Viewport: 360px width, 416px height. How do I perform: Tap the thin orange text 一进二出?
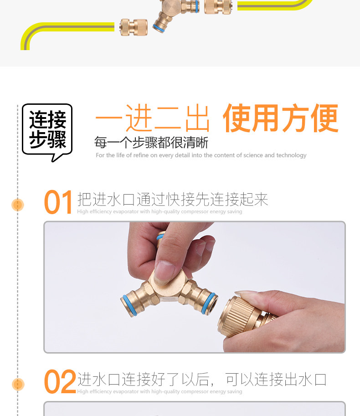152,118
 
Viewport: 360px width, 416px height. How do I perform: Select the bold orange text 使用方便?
281,118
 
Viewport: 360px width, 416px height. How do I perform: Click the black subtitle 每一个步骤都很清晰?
151,143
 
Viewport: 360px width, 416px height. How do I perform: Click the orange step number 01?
58,202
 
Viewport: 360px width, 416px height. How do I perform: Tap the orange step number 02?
60,382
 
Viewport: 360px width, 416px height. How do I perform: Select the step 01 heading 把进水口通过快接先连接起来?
173,200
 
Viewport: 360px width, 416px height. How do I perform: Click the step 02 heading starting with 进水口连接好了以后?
201,380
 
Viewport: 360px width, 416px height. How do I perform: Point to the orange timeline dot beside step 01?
18,205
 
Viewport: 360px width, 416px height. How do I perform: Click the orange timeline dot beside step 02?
18,385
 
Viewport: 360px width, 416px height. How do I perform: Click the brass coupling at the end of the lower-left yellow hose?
134,27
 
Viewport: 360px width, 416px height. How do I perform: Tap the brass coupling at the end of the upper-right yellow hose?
218,6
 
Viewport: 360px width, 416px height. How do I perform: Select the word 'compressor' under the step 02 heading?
195,391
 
